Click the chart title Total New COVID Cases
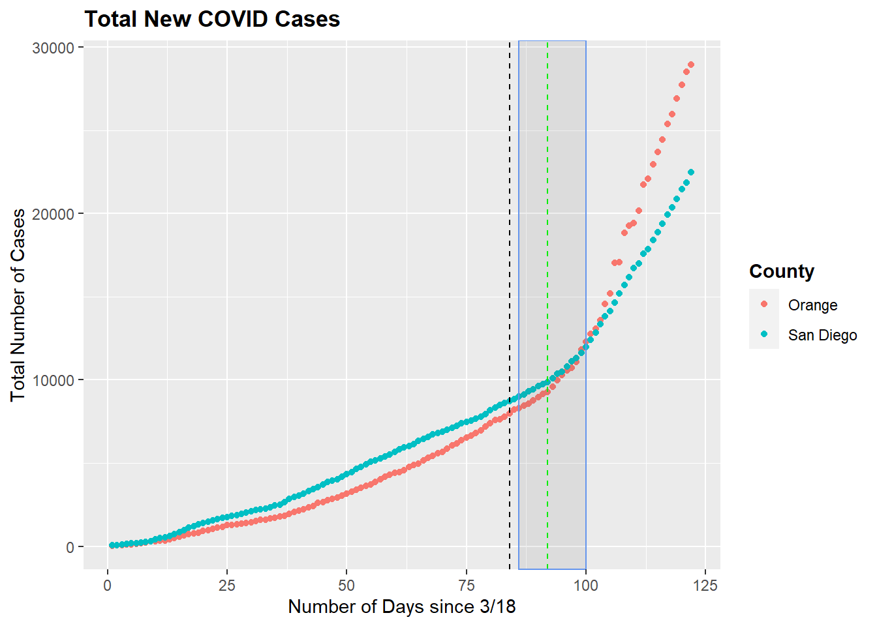coord(212,19)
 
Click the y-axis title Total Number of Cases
coord(18,305)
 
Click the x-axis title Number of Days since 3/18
coord(401,607)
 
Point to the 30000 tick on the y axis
coord(53,48)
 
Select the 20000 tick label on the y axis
coord(53,215)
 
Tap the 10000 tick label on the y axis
coord(53,381)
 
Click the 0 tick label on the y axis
coord(70,548)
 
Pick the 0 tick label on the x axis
coord(108,586)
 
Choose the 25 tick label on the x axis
coord(227,586)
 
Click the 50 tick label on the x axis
coord(346,586)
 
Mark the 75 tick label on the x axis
coord(467,586)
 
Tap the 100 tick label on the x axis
coord(586,586)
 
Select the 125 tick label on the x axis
coord(705,586)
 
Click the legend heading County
coord(781,271)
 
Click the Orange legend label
coord(812,305)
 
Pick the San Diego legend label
coord(822,335)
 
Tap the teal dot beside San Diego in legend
coord(764,335)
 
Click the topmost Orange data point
coord(691,65)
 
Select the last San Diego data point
coord(691,172)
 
